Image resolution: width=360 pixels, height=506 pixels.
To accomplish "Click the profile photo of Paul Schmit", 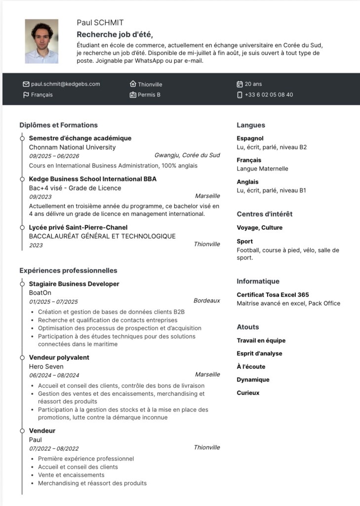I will (41, 42).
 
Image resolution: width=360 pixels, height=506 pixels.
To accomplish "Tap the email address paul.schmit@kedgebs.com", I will (65, 84).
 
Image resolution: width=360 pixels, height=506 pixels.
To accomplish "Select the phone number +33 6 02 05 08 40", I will (269, 95).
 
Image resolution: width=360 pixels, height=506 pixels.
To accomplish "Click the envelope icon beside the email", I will (26, 84).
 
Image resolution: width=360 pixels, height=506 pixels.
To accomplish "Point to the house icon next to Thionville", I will (133, 84).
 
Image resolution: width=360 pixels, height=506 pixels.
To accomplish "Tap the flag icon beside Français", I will (26, 95).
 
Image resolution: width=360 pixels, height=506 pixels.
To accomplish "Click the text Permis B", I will (149, 95).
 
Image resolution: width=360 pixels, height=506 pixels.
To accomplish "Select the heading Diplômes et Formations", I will (58, 125).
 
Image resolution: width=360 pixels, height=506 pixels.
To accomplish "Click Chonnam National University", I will (72, 147).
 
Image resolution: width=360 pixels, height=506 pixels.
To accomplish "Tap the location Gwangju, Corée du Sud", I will (187, 155).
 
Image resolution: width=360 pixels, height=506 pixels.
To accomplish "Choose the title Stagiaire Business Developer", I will (74, 284).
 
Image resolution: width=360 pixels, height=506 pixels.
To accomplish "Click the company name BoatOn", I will (40, 293).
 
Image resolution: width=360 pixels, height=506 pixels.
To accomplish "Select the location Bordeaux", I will (206, 300).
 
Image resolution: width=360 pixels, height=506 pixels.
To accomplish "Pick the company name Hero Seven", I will (46, 366).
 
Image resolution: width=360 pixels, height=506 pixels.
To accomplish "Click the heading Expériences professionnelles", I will (68, 270).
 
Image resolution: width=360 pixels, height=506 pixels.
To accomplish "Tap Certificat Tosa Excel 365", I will (273, 295).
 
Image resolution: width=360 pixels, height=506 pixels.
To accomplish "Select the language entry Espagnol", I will (250, 138).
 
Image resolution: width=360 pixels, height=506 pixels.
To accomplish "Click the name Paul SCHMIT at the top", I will (100, 23).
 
